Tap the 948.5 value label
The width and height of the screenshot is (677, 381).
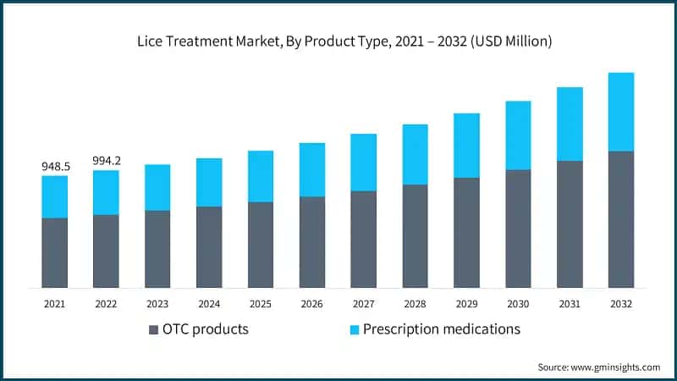click(x=55, y=167)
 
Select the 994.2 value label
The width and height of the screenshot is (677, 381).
click(x=107, y=161)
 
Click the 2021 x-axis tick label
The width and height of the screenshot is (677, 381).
click(x=55, y=303)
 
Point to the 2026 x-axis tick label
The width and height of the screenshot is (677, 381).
click(x=312, y=303)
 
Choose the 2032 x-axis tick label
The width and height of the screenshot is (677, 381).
click(x=621, y=303)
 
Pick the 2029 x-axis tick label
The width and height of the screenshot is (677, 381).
click(x=466, y=303)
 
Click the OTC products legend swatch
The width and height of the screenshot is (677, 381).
click(x=153, y=329)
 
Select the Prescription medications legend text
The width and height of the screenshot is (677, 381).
click(x=441, y=329)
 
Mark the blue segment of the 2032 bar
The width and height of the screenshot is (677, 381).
click(x=621, y=112)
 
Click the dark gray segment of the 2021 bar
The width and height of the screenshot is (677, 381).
click(x=55, y=252)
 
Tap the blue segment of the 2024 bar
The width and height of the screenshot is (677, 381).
click(x=209, y=182)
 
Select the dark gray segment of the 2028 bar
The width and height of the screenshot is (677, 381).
click(x=415, y=236)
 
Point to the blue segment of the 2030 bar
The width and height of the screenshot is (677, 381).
click(x=518, y=135)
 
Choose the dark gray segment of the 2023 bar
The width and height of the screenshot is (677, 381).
click(x=157, y=249)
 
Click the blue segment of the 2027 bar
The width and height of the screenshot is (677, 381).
click(x=363, y=163)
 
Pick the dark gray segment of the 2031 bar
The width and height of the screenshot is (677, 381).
click(x=570, y=224)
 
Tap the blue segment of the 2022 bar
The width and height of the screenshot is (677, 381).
click(x=107, y=193)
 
